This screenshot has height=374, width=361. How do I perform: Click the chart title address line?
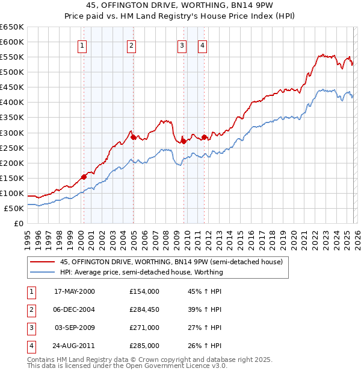click(180, 6)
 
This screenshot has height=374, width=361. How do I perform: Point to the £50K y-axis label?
click(14, 208)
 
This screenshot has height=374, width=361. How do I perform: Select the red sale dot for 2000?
click(84, 176)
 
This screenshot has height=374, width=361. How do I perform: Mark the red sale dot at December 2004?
click(132, 137)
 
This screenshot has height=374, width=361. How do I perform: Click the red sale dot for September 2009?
click(183, 141)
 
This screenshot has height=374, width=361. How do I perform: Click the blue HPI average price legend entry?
click(141, 272)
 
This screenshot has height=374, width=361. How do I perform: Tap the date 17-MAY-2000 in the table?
click(75, 291)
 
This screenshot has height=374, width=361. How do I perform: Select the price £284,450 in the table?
click(144, 309)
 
